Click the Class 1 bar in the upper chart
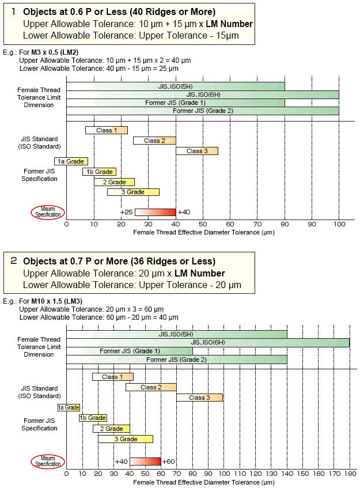pyautogui.click(x=106, y=130)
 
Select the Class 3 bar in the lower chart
pyautogui.click(x=199, y=398)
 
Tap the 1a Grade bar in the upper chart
pyautogui.click(x=71, y=161)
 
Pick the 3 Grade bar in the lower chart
pyautogui.click(x=126, y=439)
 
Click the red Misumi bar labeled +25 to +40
pyautogui.click(x=156, y=212)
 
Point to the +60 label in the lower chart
pyautogui.click(x=169, y=461)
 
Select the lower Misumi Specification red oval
pyautogui.click(x=48, y=461)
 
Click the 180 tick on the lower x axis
pyautogui.click(x=349, y=473)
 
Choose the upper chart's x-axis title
pyautogui.click(x=203, y=232)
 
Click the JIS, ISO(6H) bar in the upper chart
pyautogui.click(x=203, y=94)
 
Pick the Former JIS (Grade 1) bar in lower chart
pyautogui.click(x=130, y=351)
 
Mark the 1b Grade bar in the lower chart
pyautogui.click(x=93, y=418)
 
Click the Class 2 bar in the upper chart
pyautogui.click(x=154, y=141)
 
